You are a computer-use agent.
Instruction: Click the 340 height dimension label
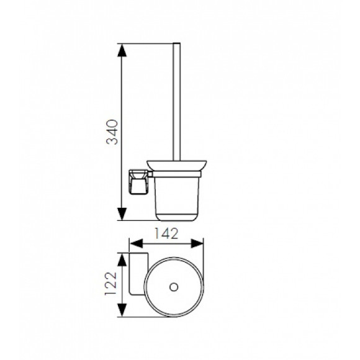[112, 132]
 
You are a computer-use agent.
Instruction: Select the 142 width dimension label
[166, 233]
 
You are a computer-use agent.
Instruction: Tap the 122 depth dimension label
[111, 284]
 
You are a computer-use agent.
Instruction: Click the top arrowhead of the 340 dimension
[122, 50]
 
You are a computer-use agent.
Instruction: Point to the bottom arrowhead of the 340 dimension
[122, 214]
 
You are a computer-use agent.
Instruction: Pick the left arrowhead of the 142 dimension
[137, 243]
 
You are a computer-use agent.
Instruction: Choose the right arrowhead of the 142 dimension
[197, 243]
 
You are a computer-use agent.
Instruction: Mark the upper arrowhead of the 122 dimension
[122, 259]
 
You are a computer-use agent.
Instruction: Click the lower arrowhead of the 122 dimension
[122, 310]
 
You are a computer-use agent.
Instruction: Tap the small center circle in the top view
[174, 287]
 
